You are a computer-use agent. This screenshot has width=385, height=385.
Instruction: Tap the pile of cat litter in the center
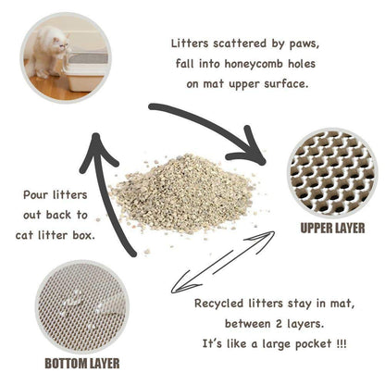180,192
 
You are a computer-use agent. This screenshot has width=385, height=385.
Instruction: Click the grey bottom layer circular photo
79,305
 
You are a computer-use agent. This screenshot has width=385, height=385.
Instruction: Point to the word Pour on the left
34,195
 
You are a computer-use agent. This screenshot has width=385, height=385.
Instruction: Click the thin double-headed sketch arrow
222,263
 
